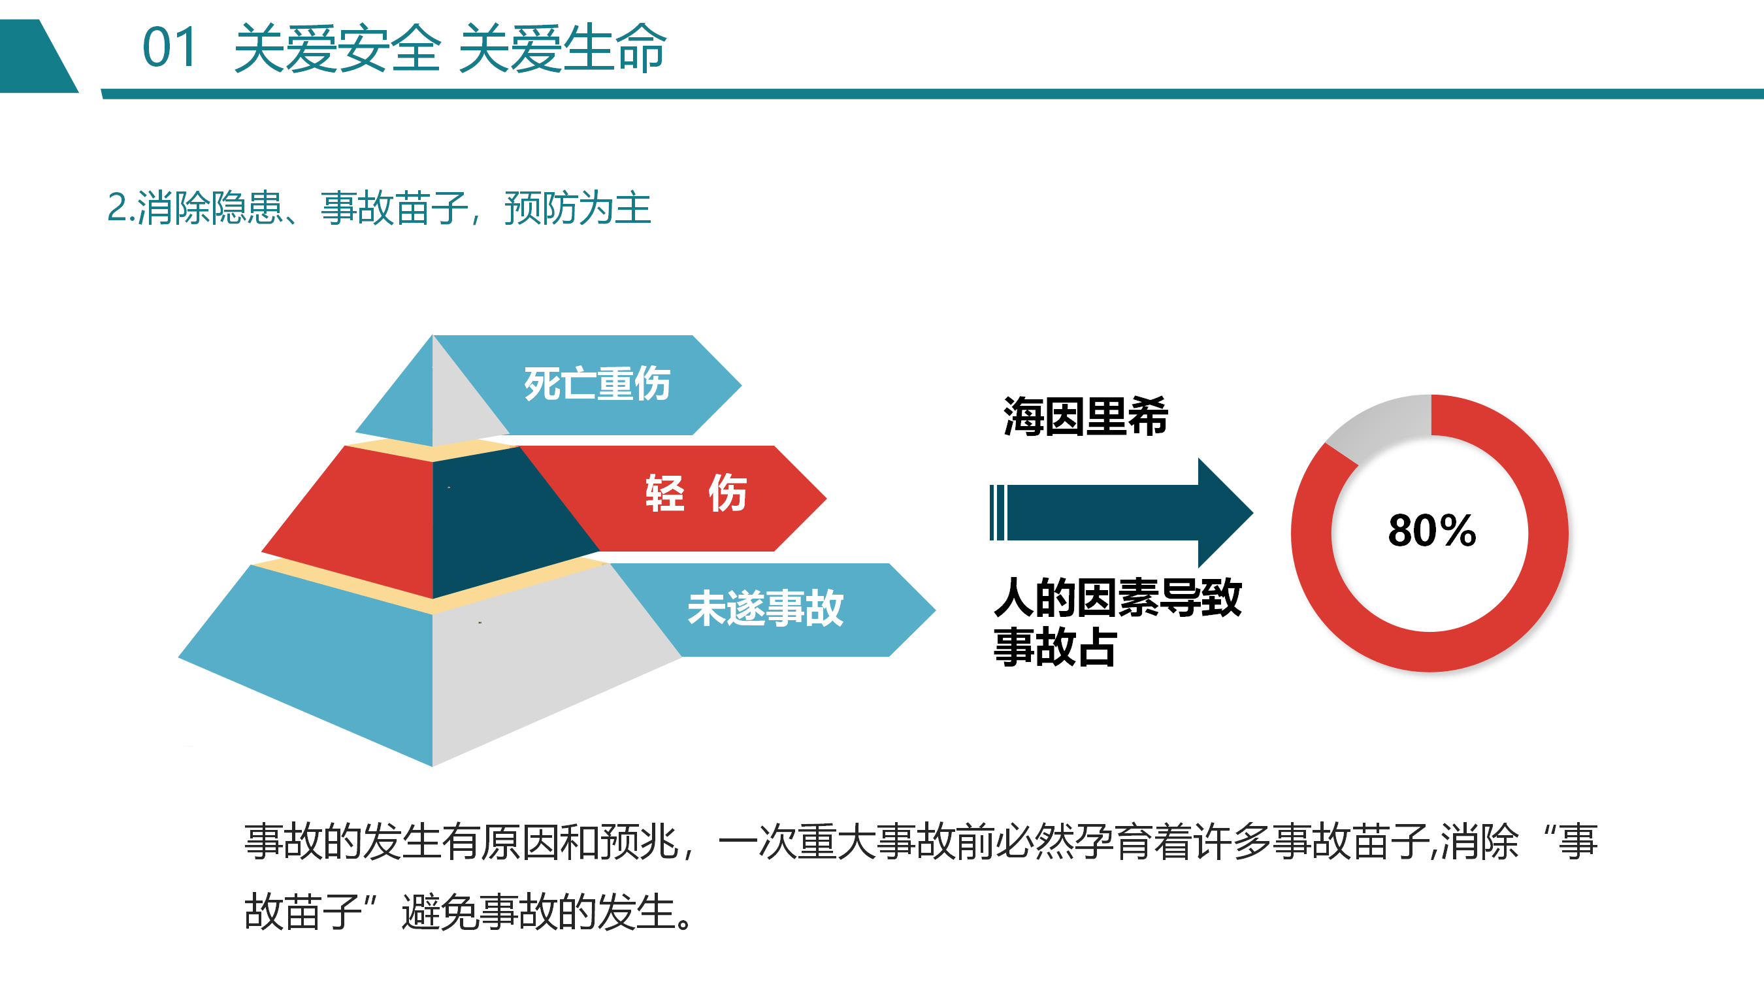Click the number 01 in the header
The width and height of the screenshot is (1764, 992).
pos(169,48)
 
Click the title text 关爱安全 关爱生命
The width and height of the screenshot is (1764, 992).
pos(450,48)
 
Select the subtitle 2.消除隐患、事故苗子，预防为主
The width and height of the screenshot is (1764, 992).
pos(379,208)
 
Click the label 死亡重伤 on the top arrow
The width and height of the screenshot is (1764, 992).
pos(596,384)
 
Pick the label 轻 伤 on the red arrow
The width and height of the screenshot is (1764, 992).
pos(696,493)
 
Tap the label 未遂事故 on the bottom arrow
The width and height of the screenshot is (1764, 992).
pos(766,608)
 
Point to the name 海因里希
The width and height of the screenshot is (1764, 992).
pos(1085,416)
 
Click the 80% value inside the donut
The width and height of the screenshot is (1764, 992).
pos(1432,530)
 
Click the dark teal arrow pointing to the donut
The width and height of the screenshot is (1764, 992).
pos(1121,513)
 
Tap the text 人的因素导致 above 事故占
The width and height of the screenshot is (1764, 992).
pos(1118,598)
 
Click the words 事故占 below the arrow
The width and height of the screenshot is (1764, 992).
pos(1055,648)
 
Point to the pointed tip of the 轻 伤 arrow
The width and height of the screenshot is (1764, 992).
pos(826,498)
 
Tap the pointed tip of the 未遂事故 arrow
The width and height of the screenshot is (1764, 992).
pos(936,609)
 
